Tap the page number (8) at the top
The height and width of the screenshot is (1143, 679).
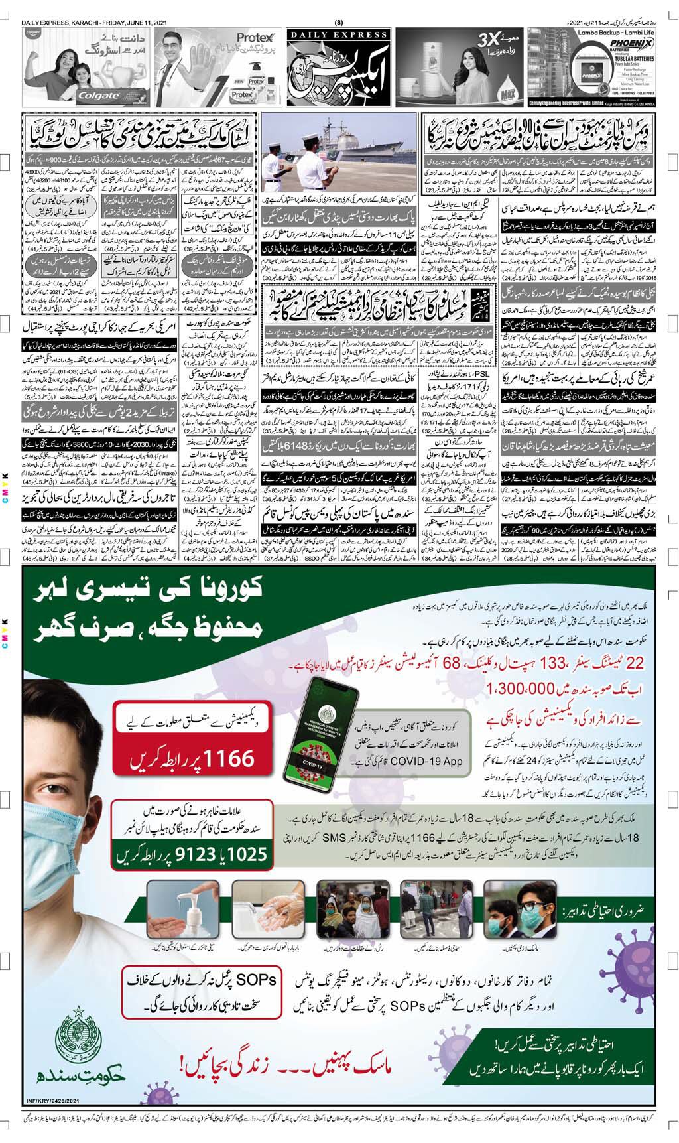coord(339,7)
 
